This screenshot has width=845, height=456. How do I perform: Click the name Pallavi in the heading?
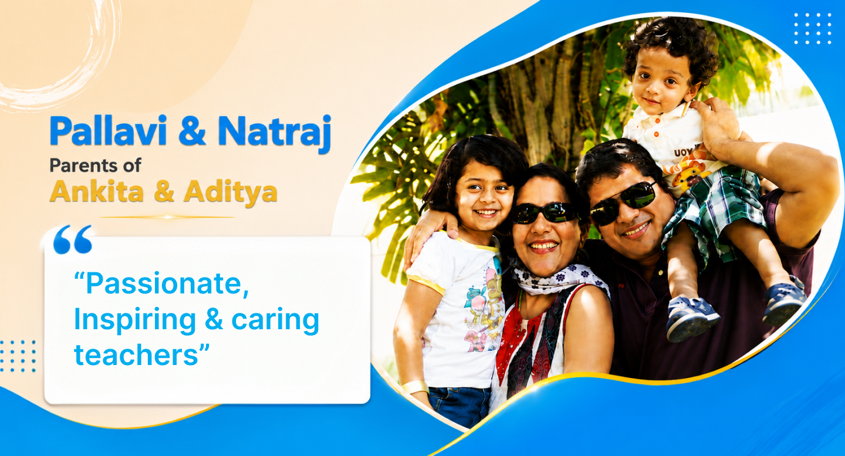coord(108,130)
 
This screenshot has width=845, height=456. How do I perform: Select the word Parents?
coord(83,165)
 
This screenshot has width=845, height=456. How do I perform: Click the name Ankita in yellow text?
coord(97,191)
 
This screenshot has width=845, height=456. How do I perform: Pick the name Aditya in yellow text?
coord(231,193)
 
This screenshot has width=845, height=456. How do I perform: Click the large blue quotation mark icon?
coord(73,239)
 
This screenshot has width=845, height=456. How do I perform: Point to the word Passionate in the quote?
coord(161,283)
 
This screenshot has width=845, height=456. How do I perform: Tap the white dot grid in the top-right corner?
coord(813,29)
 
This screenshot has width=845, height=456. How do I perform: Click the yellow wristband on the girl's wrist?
coord(415,387)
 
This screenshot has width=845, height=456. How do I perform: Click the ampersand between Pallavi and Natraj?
coord(192,130)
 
